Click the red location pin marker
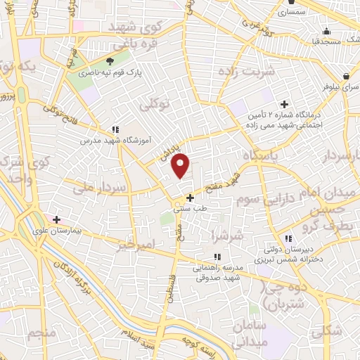(x=181, y=165)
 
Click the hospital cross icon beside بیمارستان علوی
(x=56, y=220)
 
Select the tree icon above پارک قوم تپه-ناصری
(x=109, y=62)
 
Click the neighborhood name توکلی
(x=155, y=104)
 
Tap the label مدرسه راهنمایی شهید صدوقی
(x=217, y=271)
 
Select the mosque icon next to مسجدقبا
(x=326, y=31)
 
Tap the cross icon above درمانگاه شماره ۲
(x=285, y=104)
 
